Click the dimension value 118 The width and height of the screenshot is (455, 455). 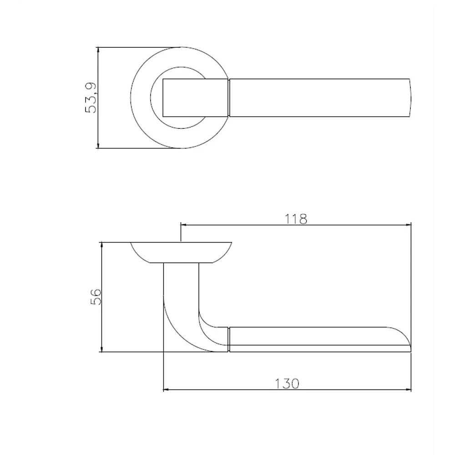296,219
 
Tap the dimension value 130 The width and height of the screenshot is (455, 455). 287,384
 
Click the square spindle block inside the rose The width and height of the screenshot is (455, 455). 195,97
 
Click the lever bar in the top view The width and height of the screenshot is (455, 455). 318,97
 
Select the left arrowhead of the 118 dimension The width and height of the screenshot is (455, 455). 184,224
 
